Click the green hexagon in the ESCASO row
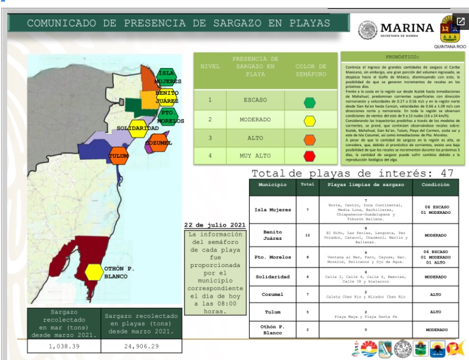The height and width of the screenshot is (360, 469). point(310,102)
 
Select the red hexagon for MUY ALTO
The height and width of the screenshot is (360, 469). point(310,156)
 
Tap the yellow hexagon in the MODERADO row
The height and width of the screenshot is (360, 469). point(310,120)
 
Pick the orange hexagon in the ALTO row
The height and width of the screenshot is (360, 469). point(310,138)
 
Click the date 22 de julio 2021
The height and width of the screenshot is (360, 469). point(214,225)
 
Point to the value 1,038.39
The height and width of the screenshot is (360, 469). point(64,345)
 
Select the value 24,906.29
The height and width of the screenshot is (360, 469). point(141,345)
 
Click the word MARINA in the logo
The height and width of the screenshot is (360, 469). point(407,28)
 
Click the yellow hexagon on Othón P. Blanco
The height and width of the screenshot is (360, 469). point(94,272)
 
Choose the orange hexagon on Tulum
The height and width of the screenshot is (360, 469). point(118,156)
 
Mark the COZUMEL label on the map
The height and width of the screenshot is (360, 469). point(158,143)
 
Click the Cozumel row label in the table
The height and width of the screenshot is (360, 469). point(272,294)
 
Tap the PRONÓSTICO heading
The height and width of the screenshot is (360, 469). point(402,56)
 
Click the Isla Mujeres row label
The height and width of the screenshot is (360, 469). point(272,210)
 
